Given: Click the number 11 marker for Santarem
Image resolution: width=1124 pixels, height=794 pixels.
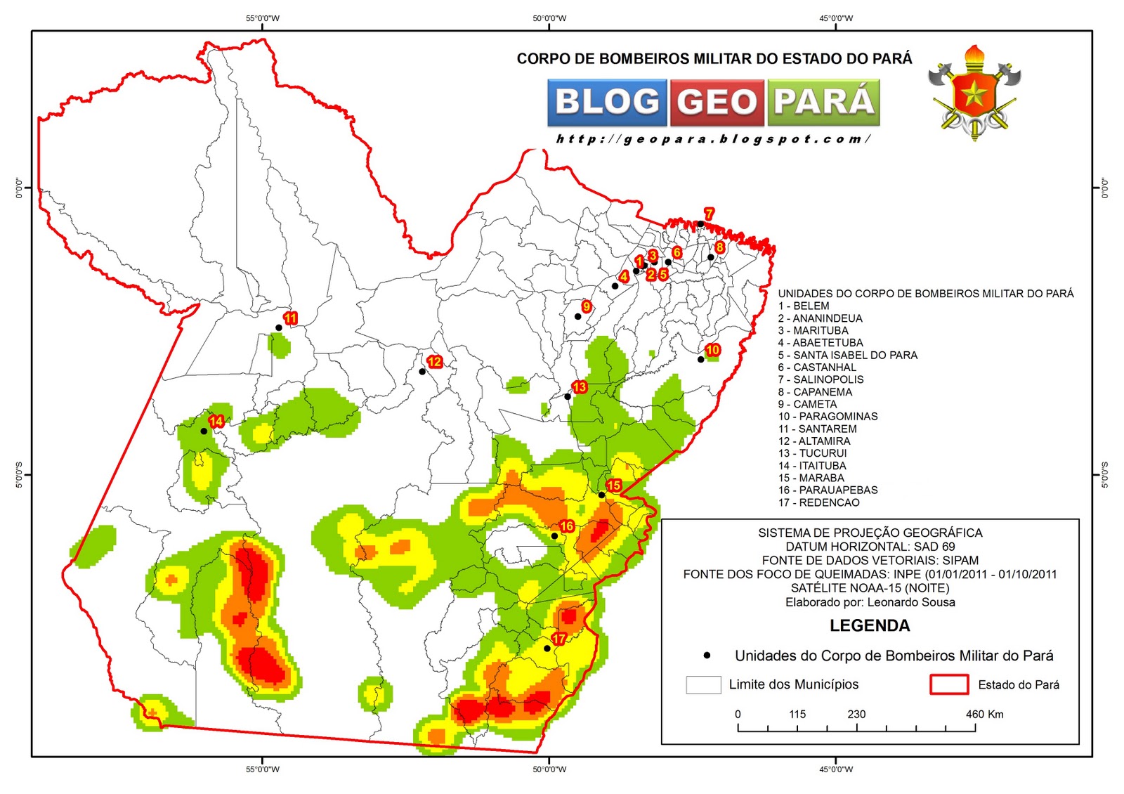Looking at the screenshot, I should point(290,318).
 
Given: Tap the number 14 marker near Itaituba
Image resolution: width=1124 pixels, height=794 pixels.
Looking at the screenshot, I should point(216,421).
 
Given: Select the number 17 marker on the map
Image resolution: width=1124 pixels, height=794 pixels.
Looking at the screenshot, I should point(558,639).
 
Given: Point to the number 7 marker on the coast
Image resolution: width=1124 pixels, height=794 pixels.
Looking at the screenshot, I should point(709,214).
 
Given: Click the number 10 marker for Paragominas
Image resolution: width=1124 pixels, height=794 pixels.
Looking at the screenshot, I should point(712,350).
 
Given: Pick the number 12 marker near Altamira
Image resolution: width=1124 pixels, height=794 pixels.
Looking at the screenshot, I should point(435,362).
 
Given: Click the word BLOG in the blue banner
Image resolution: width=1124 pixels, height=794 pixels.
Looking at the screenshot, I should point(608,102).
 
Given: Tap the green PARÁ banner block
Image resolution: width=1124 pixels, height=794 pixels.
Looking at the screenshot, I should point(823,102).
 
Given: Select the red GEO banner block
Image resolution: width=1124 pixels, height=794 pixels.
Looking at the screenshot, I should point(717,103).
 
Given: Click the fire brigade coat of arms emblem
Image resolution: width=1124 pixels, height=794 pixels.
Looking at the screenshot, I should point(974,93).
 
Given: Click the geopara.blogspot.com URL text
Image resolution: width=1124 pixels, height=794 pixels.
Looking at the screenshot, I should point(713,139).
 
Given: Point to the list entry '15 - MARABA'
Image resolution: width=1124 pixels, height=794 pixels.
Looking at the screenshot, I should point(811,478).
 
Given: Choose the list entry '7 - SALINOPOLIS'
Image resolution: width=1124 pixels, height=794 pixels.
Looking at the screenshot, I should point(821,379).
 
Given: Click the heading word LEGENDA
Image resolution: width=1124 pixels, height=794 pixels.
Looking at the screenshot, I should point(869,625).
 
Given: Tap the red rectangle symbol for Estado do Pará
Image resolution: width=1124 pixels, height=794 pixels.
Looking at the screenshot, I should point(948,684).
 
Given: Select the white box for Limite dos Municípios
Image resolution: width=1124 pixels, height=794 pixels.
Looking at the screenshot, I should point(703,684).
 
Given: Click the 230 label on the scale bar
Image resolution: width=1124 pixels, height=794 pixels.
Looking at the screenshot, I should point(856,714).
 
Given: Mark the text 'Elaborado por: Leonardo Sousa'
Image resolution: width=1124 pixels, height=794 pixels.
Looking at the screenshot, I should point(870,602).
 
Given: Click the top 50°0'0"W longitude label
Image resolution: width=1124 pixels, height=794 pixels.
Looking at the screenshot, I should point(549,18).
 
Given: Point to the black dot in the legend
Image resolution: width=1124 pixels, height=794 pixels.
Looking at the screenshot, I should point(707,655).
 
